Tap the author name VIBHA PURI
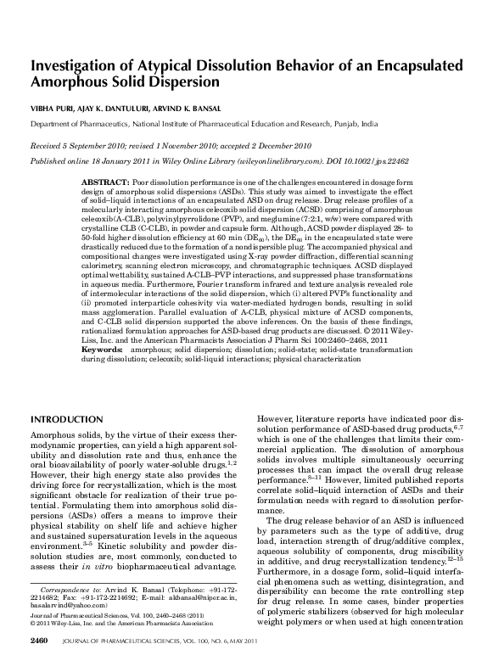(x=53, y=107)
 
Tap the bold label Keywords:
(x=104, y=350)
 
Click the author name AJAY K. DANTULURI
(x=120, y=107)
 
